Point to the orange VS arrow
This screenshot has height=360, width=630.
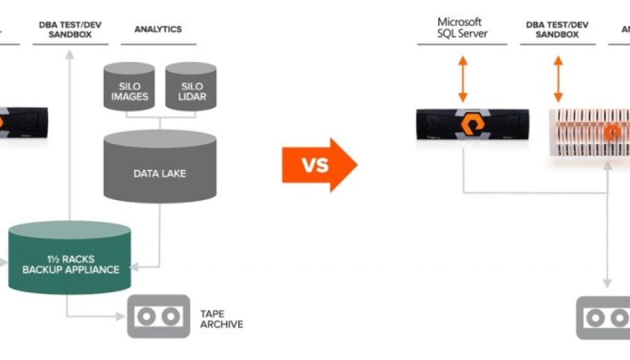319,165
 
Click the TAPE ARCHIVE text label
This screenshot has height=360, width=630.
221,319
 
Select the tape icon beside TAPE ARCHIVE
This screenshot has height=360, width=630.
158,316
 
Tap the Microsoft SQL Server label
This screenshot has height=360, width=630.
462,28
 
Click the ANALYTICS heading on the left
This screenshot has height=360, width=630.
158,29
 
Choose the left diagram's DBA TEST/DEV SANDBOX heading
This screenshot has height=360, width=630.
70,29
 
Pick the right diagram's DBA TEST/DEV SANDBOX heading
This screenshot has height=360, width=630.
557,29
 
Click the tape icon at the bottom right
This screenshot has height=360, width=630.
604,318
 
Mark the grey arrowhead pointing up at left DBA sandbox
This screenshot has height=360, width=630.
70,55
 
